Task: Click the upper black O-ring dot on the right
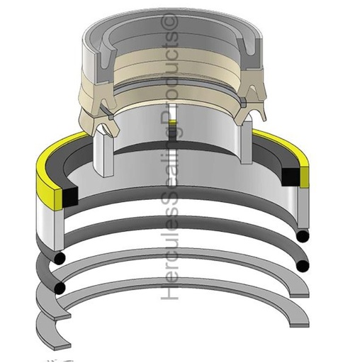click(303, 235)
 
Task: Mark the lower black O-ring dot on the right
click(303, 266)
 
